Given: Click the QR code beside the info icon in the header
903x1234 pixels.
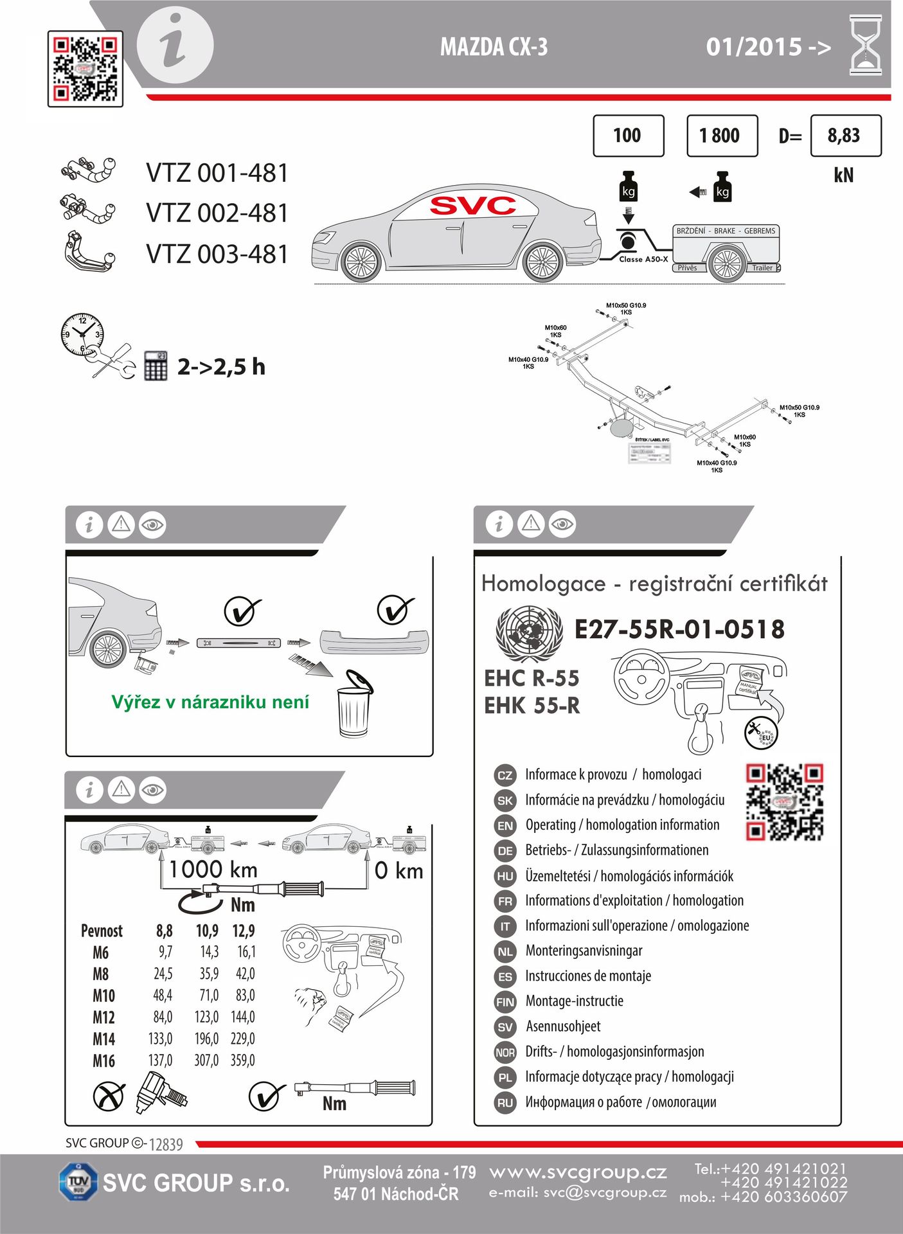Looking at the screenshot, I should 85,69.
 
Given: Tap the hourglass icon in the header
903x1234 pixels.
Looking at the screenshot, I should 865,46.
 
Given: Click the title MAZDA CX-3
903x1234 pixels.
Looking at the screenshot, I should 494,47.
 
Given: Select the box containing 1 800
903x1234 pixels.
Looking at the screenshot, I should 722,136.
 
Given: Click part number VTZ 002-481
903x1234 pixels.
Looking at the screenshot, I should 217,213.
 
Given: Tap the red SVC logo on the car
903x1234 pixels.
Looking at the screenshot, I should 473,206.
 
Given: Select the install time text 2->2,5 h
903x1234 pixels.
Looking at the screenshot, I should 221,367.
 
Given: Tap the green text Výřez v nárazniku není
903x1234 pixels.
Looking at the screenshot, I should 210,702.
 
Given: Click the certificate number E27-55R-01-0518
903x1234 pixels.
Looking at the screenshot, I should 679,629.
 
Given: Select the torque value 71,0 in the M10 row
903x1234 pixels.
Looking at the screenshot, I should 209,996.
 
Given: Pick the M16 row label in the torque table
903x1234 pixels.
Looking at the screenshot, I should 103,1060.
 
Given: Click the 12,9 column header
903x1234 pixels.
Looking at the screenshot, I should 244,931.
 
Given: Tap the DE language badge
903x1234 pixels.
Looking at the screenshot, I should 505,851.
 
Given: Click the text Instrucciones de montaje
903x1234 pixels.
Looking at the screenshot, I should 588,976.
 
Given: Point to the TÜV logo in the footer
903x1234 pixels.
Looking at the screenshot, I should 78,1181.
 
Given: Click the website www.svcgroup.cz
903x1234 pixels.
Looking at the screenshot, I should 578,1172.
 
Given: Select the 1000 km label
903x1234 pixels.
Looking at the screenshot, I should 213,870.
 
